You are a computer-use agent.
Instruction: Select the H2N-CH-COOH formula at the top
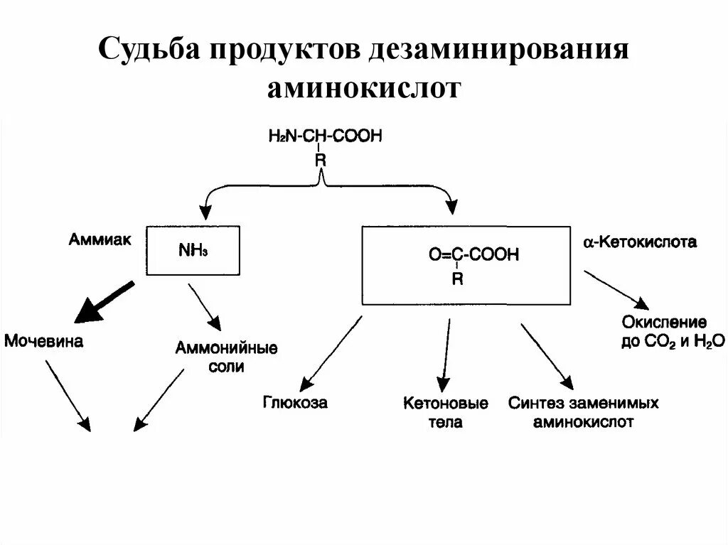click(325, 136)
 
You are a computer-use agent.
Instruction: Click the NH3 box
click(193, 250)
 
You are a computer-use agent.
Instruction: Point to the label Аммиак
click(100, 240)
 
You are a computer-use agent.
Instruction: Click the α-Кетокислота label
click(640, 243)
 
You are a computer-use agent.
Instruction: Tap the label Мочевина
click(44, 342)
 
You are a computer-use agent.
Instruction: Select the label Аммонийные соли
click(226, 357)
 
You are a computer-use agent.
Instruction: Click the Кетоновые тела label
click(446, 412)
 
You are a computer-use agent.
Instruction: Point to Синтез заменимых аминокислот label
click(583, 413)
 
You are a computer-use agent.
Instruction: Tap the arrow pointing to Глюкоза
click(331, 352)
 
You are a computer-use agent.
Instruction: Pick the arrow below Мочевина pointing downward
click(68, 395)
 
